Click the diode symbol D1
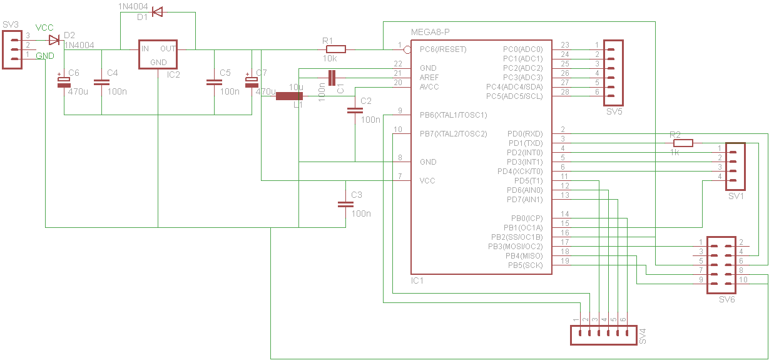[158, 13]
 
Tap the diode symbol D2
[54, 40]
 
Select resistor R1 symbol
[336, 49]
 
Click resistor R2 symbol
[683, 143]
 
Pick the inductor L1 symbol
[290, 96]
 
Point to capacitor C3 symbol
[345, 204]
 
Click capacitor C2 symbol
[355, 110]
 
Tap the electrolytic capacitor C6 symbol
[64, 82]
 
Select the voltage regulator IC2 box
[158, 54]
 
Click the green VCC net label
[44, 28]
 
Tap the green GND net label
[45, 56]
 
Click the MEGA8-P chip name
[430, 32]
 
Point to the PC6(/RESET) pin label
[443, 49]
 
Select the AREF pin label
[429, 78]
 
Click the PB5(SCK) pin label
[525, 265]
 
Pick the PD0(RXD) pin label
[525, 133]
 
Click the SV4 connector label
[643, 336]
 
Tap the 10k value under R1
[330, 58]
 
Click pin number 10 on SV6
[743, 280]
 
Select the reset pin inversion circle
[407, 50]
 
